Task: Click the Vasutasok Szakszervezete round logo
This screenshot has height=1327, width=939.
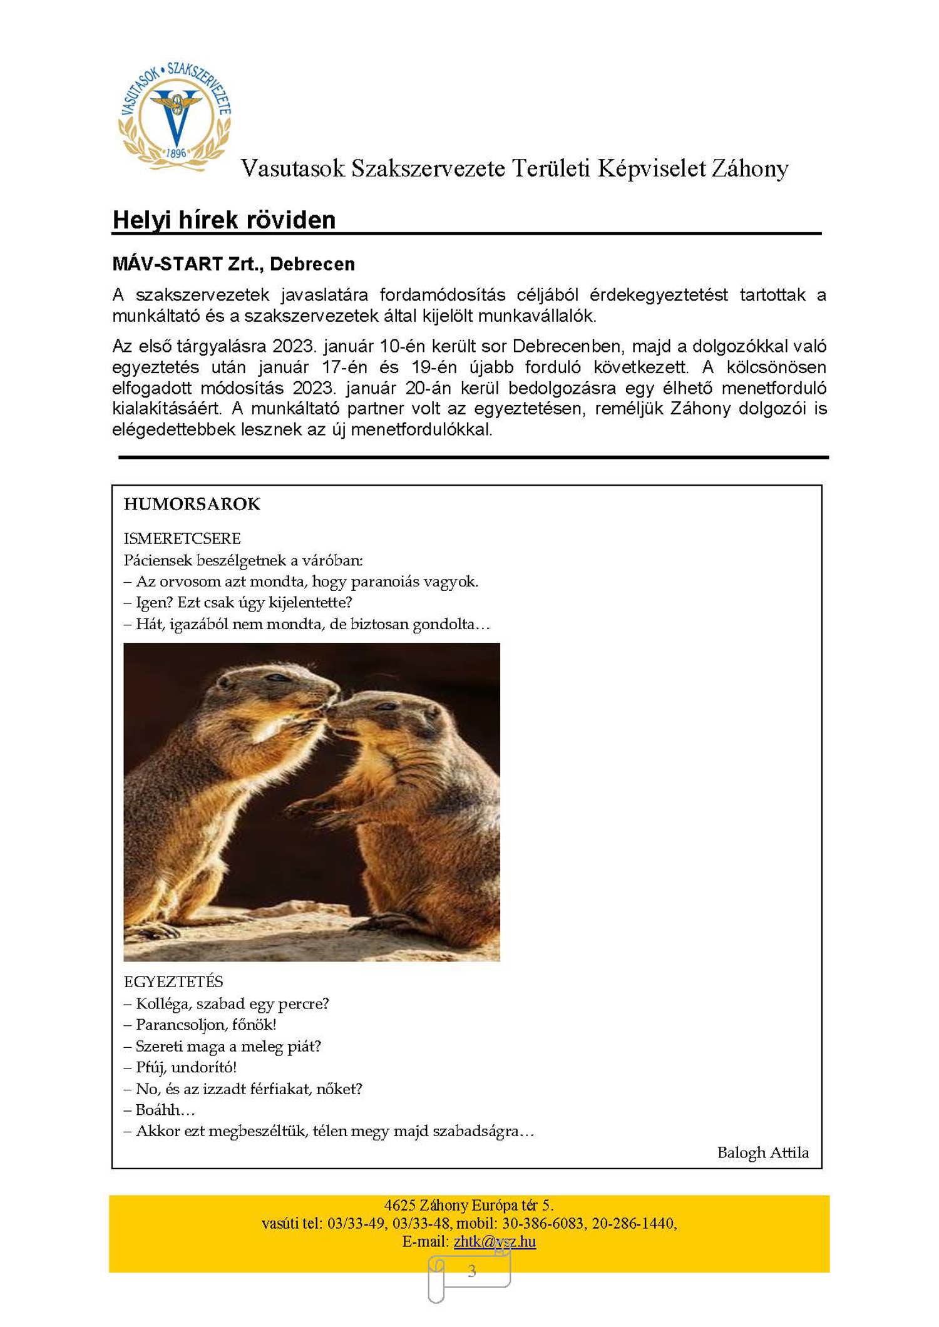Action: click(175, 116)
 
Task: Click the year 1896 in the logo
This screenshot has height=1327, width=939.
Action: click(176, 153)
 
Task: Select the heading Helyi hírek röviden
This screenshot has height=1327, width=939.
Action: click(224, 220)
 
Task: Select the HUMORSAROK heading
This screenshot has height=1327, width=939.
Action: click(192, 504)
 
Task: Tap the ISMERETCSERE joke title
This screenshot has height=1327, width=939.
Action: click(182, 538)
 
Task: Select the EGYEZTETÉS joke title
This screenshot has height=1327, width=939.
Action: click(173, 981)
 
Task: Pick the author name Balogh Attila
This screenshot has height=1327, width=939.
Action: click(762, 1152)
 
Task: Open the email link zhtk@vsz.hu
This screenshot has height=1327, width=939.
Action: click(495, 1241)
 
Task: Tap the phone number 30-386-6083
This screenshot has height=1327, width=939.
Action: click(543, 1223)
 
